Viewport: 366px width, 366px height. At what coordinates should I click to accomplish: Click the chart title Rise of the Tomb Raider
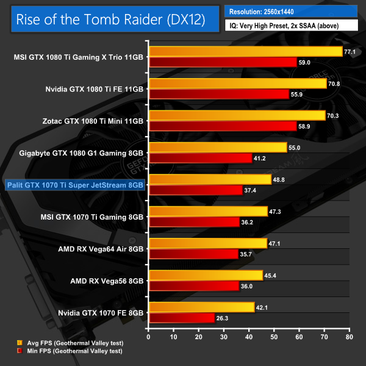tap(110, 20)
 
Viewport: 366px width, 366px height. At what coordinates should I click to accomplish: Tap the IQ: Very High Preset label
tap(290, 26)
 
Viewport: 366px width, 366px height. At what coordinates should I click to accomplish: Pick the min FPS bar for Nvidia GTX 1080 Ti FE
tap(218, 94)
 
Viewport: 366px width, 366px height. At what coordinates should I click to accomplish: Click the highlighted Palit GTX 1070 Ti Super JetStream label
tap(74, 184)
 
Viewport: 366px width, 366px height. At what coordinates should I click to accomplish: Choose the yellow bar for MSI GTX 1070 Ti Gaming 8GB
tap(208, 211)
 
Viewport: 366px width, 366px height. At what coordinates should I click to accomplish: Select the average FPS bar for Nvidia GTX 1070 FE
tap(201, 307)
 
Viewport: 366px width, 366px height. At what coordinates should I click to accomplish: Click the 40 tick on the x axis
tap(249, 335)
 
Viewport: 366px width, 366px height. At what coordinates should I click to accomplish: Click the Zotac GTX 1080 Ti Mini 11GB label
tap(94, 121)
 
